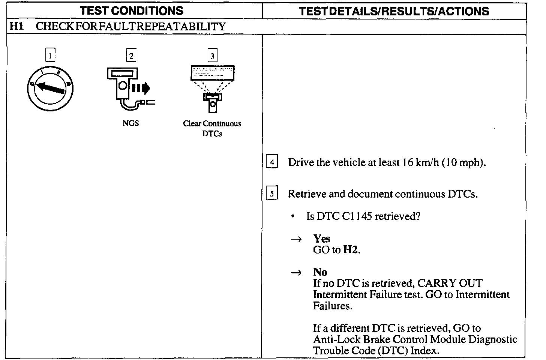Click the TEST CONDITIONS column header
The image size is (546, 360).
pos(132,10)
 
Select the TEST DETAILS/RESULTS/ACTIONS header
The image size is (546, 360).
pos(394,11)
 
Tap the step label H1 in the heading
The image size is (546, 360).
pos(16,26)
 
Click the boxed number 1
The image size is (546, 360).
pos(50,55)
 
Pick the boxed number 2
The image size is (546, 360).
pos(131,55)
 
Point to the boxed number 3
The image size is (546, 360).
pos(212,56)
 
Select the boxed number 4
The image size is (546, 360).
pos(271,162)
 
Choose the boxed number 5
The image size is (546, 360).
pos(271,194)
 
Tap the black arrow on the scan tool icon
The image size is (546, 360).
pos(142,88)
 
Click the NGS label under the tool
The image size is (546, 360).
pos(130,123)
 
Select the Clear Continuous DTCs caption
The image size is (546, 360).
pos(212,128)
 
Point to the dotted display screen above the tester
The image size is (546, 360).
pos(213,73)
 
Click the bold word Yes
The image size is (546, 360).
pos(322,239)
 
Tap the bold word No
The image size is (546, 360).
pos(320,272)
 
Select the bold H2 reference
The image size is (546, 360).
pos(351,250)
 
